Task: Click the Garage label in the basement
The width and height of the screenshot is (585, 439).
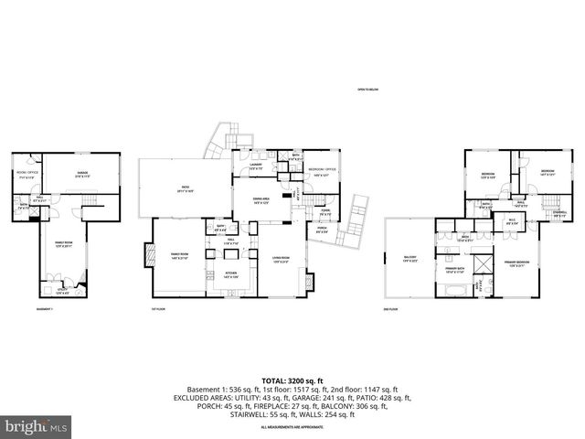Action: click(81, 176)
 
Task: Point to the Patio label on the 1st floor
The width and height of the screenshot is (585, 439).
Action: click(185, 189)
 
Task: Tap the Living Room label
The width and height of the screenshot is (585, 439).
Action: click(280, 260)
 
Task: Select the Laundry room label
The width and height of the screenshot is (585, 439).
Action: click(257, 166)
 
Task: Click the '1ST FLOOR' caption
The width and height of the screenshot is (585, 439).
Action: click(156, 309)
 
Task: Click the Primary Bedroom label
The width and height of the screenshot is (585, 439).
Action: click(517, 262)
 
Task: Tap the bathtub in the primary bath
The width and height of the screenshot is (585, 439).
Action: click(455, 291)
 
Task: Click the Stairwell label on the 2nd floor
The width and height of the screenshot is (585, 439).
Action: click(559, 216)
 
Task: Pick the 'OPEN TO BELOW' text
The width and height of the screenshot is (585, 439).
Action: click(369, 90)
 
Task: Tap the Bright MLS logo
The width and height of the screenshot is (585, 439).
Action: click(35, 426)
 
